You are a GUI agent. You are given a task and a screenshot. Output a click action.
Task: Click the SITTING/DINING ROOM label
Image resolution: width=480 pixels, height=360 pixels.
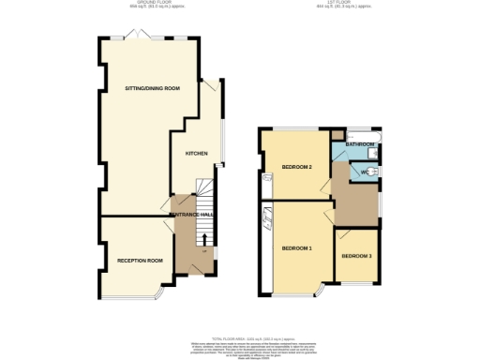point(153,88)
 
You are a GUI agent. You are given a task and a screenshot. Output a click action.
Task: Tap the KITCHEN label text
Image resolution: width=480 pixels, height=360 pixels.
point(196,151)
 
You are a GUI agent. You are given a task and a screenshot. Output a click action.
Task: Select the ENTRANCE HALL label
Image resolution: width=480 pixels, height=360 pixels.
point(194,216)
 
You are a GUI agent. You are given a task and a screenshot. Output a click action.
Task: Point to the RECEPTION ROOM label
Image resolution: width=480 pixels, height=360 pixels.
point(140,260)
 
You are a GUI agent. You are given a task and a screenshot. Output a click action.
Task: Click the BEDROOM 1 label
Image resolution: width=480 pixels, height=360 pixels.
point(296,247)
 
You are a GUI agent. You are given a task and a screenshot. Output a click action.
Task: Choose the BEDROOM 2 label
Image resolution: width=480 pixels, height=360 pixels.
point(296,168)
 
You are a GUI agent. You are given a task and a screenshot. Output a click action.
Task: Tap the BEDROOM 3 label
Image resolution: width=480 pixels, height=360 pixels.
point(355,256)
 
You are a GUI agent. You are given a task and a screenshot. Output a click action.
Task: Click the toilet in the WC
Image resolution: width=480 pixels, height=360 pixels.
point(373,172)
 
